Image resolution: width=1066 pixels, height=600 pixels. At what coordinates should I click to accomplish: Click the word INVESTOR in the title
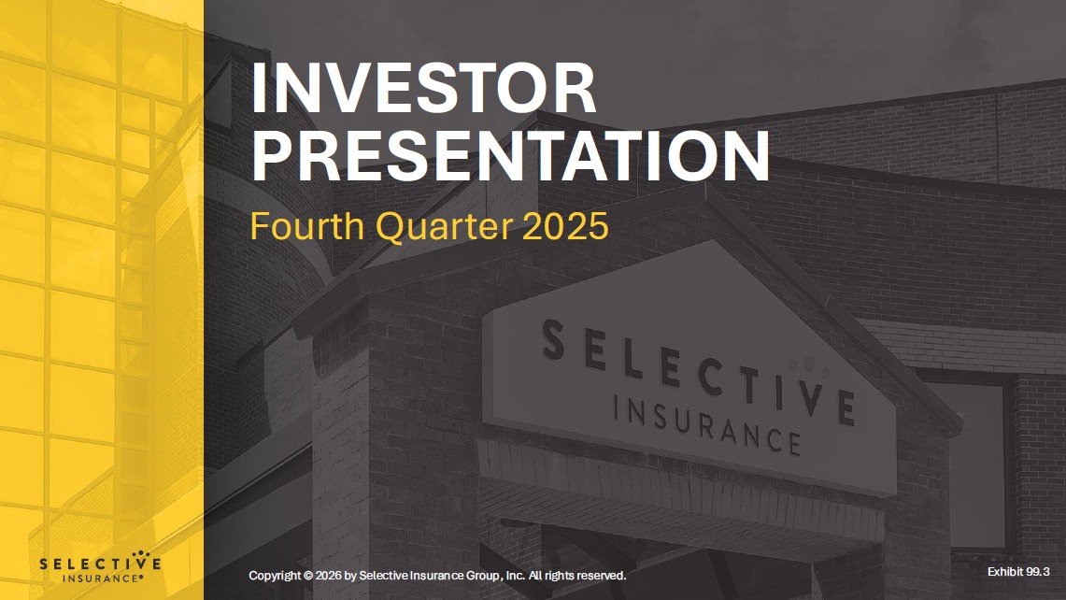(x=423, y=90)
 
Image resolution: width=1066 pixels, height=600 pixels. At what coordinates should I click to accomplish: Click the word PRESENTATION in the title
(x=510, y=156)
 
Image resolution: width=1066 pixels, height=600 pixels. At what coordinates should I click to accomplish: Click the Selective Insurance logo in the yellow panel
(x=100, y=569)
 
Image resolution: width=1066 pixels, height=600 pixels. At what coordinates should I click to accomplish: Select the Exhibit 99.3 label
(x=1018, y=570)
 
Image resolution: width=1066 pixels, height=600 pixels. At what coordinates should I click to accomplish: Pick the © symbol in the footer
(x=308, y=576)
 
